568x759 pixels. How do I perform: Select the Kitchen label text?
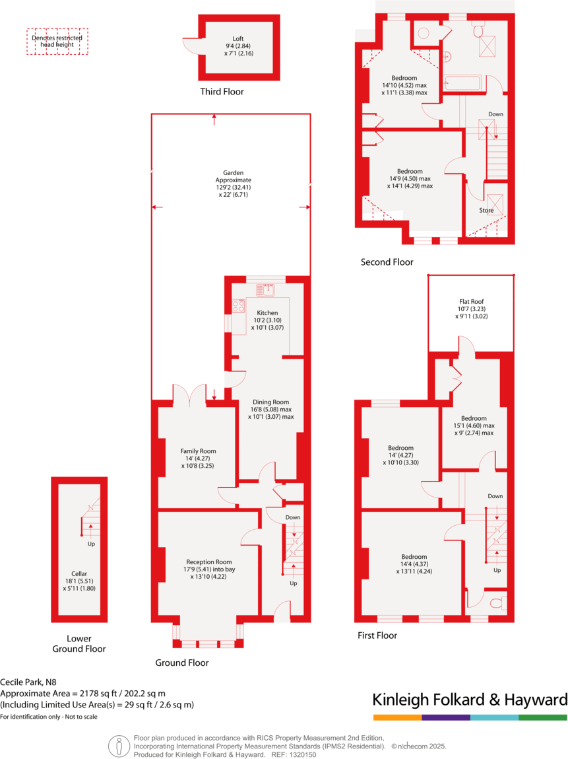tap(267, 312)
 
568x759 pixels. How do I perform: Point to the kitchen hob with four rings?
tap(238, 307)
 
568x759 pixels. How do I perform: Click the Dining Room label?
tap(270, 402)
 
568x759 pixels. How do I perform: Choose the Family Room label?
tap(198, 451)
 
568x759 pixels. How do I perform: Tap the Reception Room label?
tap(208, 561)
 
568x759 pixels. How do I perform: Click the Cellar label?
tap(79, 573)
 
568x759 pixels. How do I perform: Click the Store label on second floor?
tap(486, 211)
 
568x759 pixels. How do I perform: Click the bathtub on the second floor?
tap(464, 83)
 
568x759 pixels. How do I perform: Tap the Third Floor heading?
tap(222, 92)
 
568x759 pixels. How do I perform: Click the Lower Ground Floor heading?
tap(79, 643)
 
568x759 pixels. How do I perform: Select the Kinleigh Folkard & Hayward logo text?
tap(470, 700)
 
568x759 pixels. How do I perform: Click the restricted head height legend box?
tap(57, 41)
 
